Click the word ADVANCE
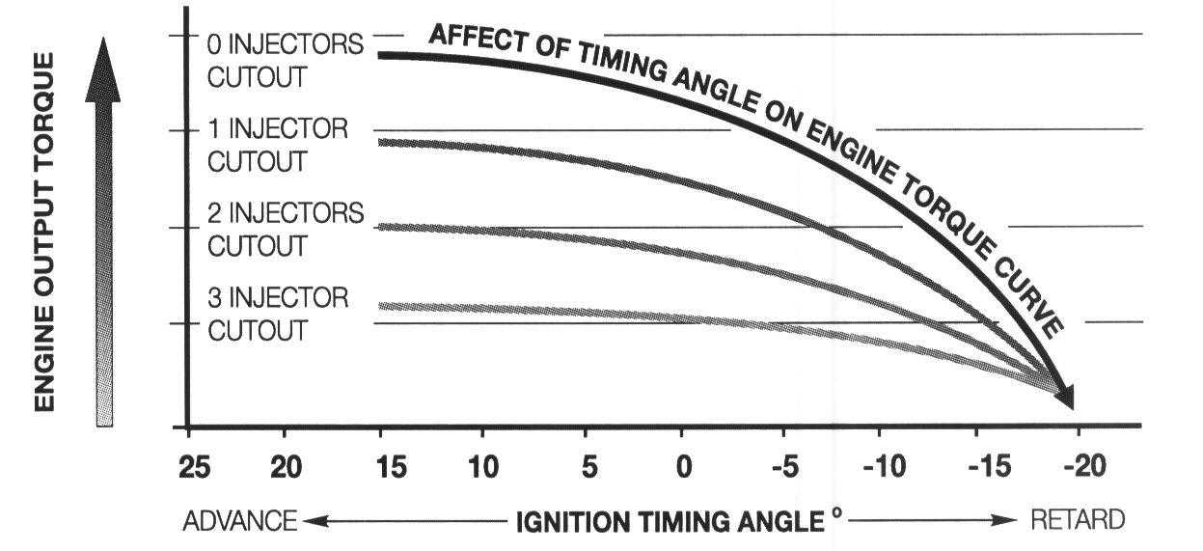[239, 521]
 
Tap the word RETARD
[1078, 521]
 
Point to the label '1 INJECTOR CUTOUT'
[277, 146]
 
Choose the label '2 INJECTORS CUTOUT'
[286, 230]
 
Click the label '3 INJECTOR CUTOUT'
[277, 314]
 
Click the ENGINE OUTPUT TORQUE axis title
[43, 231]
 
